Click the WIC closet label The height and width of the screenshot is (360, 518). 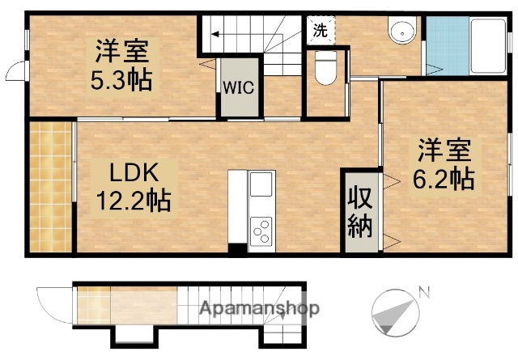coord(239,86)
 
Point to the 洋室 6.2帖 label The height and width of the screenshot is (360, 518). coord(445,165)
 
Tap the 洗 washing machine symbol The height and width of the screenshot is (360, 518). coord(321,32)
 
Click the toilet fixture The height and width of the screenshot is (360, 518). coord(326,68)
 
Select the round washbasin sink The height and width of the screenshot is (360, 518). coord(400,33)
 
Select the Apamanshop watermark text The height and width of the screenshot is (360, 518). coord(259,308)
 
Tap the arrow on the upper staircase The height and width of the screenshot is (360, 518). coord(216,34)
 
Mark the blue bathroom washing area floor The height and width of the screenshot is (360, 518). coord(442,46)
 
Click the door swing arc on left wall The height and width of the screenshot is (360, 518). coord(15,72)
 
